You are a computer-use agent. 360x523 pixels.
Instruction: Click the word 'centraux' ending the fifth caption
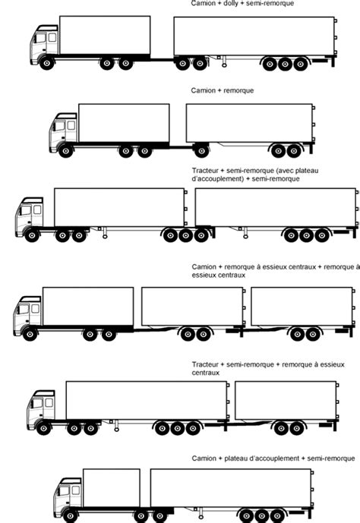coord(206,373)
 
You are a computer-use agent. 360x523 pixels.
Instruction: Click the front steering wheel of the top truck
coord(47,64)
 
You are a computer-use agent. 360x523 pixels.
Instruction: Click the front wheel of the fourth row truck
coord(30,333)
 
